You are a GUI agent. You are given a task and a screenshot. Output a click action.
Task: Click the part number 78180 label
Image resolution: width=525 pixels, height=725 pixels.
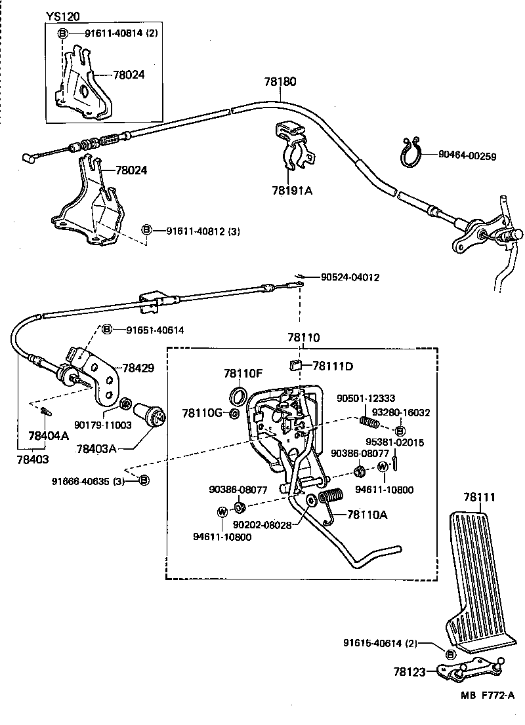tap(280, 82)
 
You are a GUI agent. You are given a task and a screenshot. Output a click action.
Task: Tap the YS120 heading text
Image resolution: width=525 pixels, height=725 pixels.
tap(63, 16)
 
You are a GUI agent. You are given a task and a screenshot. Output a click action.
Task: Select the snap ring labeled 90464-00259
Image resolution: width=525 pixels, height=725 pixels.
tap(411, 156)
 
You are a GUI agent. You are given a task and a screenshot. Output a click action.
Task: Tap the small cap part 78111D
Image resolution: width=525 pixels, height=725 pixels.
tap(297, 364)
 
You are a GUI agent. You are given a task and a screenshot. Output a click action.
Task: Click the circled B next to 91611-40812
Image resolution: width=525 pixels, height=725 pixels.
tap(147, 229)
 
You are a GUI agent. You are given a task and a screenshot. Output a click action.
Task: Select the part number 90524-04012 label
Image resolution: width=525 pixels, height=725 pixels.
tap(350, 277)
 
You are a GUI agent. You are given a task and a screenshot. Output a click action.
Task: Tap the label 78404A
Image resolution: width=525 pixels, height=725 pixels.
tap(48, 435)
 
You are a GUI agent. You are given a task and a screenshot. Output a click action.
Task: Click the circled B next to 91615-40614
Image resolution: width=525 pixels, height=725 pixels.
tap(450, 654)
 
